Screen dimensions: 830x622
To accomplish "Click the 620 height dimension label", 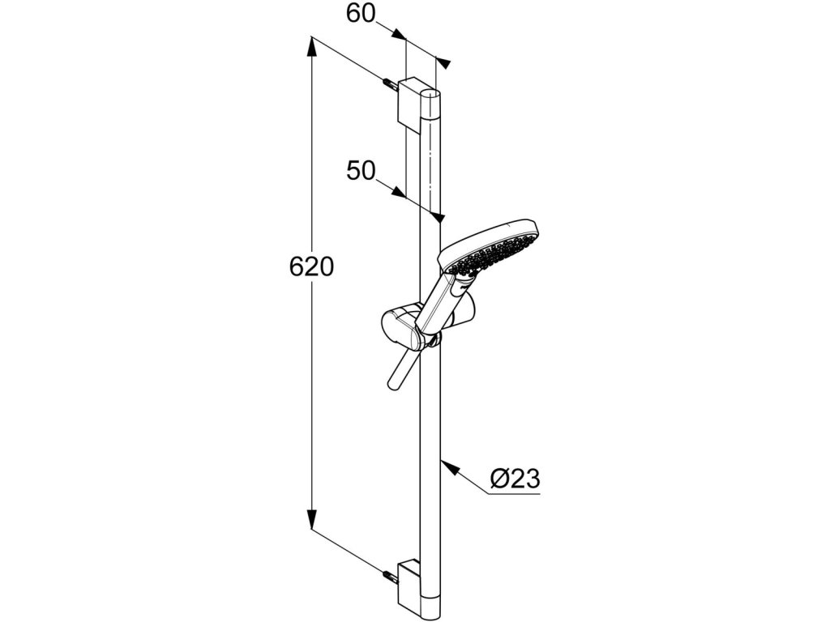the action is pos(312,266).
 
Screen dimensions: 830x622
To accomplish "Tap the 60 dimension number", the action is pos(361,14).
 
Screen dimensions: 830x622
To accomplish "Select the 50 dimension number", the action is pos(361,171).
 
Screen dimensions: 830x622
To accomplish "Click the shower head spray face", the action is pos(486,250).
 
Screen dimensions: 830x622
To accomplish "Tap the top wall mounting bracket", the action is pos(410,99).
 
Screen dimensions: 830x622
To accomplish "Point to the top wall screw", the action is pos(389,83).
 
